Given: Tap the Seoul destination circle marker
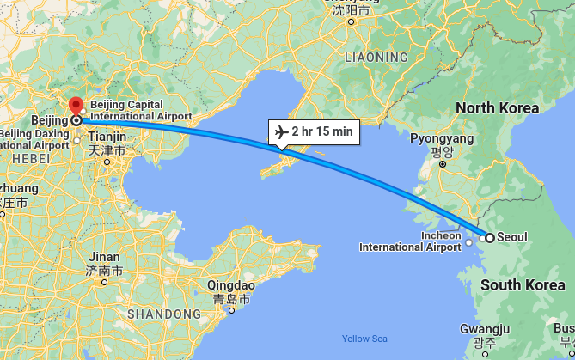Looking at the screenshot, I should [489, 238].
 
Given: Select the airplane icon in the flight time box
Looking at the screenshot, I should [280, 131].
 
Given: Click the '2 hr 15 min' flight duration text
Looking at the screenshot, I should [321, 131].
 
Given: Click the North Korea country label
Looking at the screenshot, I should [497, 108].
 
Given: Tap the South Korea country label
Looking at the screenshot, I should [523, 285].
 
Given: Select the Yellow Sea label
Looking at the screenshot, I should [364, 339].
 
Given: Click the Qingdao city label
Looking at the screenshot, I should [231, 285].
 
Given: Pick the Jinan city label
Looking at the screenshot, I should [105, 257].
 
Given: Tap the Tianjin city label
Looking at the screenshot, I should [107, 137].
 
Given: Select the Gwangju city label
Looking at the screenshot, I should [485, 329].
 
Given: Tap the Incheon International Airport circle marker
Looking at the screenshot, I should [469, 242].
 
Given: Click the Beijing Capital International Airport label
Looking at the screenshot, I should [139, 109].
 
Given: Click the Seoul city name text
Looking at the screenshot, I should [512, 238].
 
